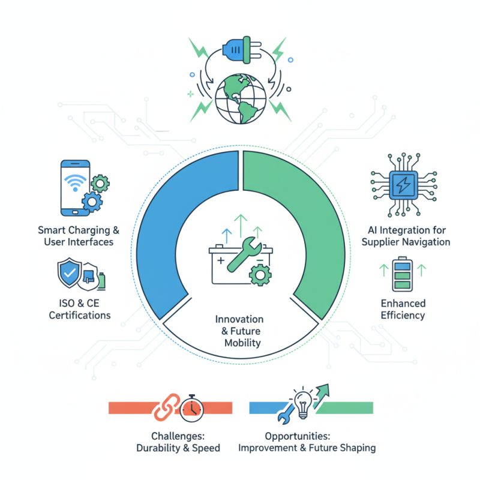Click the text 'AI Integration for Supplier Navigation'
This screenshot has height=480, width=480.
click(x=408, y=236)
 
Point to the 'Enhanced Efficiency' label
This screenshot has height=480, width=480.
click(x=403, y=309)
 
